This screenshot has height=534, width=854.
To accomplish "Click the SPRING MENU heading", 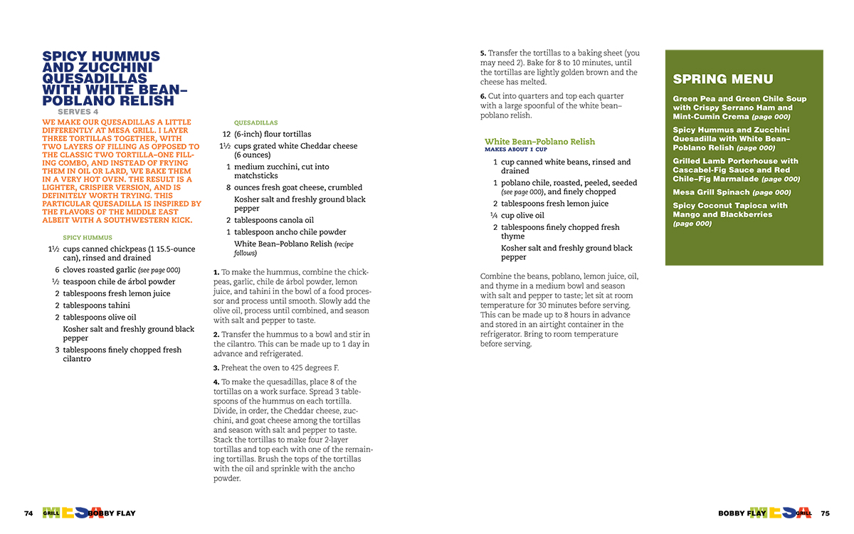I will click(x=722, y=79).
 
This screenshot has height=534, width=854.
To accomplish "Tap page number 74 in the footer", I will click(x=28, y=513).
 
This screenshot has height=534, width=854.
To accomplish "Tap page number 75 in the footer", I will click(x=825, y=513).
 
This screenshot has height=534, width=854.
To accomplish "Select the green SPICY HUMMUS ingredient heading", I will click(x=88, y=238).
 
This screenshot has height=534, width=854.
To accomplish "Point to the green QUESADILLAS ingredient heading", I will click(x=256, y=122).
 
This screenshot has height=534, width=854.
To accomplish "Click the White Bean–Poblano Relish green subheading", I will click(x=539, y=142).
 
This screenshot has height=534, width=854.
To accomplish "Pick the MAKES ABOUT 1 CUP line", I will click(x=516, y=150).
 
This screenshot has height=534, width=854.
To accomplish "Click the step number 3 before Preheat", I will click(x=216, y=368).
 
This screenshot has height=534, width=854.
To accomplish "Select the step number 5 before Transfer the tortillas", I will click(x=483, y=53).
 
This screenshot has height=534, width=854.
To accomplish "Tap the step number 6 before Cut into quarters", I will click(x=483, y=96).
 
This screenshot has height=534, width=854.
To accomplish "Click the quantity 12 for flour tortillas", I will click(x=226, y=134).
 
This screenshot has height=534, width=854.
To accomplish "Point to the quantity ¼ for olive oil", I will click(x=493, y=216).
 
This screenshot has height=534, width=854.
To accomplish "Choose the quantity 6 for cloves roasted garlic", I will click(x=57, y=270).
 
